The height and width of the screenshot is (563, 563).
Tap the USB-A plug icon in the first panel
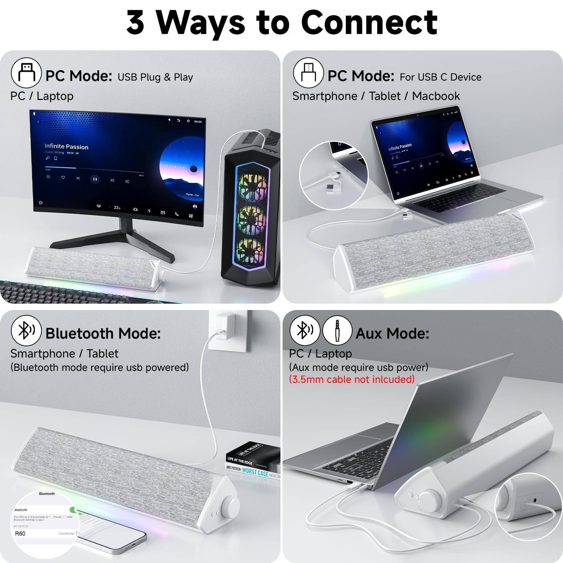26,73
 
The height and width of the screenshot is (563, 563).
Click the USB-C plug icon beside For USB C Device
308,73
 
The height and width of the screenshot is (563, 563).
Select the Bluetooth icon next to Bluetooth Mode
26,331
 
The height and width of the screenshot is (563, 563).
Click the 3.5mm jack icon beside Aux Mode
337,330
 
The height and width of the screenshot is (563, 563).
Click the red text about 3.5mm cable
352,379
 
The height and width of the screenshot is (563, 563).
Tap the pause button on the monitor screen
95,179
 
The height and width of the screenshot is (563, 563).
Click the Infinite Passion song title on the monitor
66,146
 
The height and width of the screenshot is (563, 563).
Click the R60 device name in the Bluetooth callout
20,533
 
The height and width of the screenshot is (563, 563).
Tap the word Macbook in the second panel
436,96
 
